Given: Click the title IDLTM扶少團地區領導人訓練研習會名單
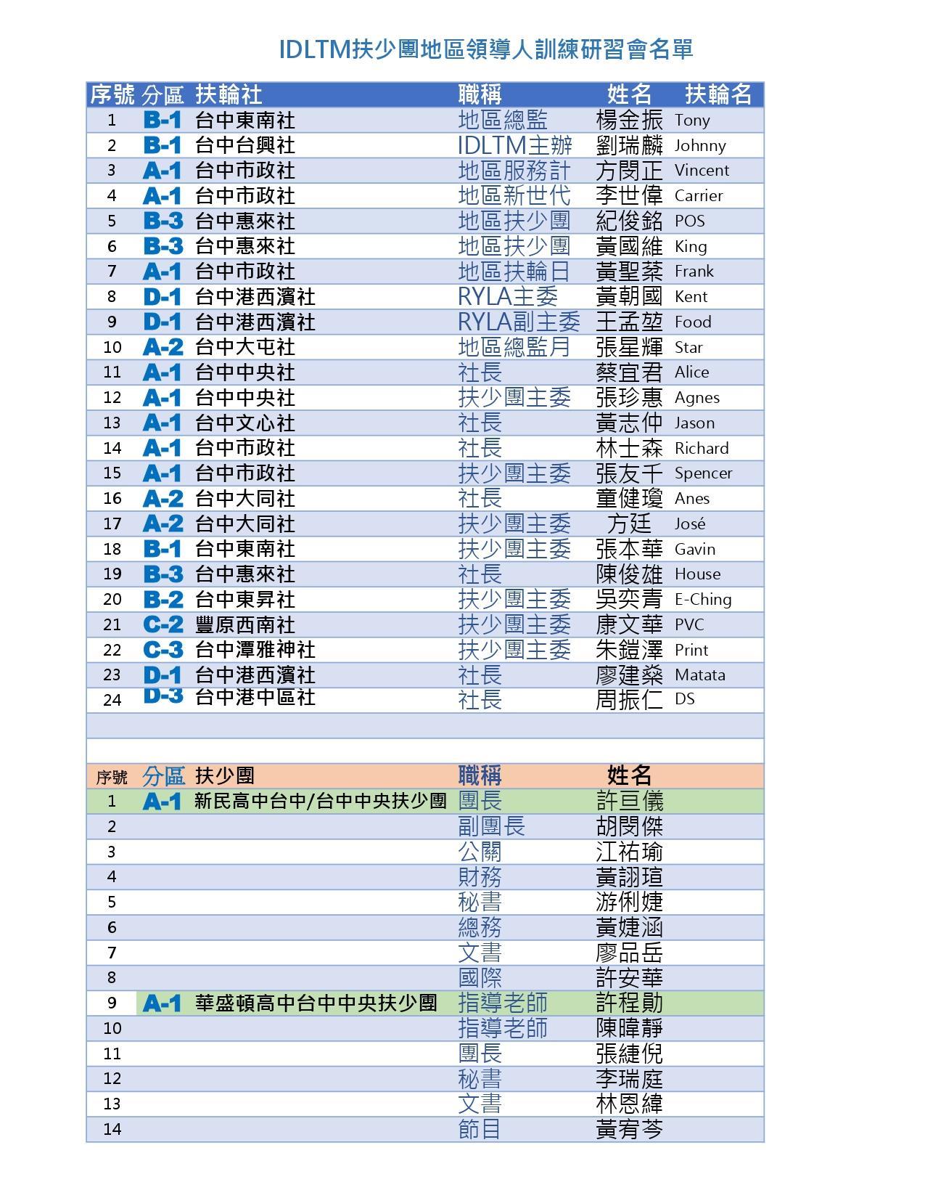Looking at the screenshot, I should (x=486, y=49).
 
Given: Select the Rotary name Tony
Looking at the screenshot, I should (x=692, y=120).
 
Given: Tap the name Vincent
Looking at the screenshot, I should (x=702, y=171).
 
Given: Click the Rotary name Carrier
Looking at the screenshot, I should (x=698, y=196).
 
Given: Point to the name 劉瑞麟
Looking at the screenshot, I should (x=629, y=145).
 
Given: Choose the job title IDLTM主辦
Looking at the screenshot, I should (x=515, y=145).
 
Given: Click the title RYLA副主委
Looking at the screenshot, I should (x=519, y=322).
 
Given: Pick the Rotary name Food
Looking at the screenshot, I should (x=693, y=322).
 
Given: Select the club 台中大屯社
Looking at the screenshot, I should (x=245, y=347).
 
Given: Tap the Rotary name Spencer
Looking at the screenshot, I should (x=703, y=473).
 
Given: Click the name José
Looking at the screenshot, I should (x=689, y=523).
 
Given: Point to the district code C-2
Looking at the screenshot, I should (x=163, y=624).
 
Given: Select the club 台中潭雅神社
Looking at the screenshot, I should (x=255, y=650).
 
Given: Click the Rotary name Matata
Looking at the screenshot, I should (x=699, y=675).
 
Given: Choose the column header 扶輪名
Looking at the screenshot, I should (x=718, y=94).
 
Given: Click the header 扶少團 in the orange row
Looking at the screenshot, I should (x=224, y=775).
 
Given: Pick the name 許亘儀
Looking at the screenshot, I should (x=629, y=801).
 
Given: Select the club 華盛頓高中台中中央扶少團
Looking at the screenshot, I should (x=316, y=1003).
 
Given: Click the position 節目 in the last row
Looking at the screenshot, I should (x=480, y=1129).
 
